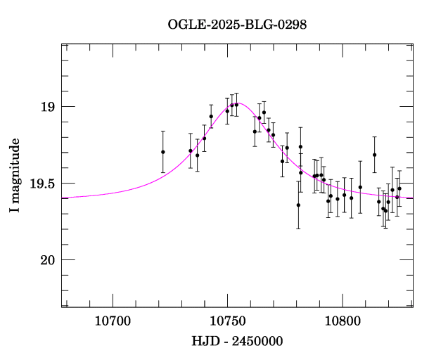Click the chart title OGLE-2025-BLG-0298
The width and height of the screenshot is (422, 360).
[237, 25]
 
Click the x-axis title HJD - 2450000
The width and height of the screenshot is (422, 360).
[237, 341]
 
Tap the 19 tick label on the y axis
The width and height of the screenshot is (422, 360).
[48, 107]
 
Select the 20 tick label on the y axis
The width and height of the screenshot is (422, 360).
[48, 260]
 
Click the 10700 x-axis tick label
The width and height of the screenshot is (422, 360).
[113, 322]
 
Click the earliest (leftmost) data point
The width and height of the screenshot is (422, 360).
[162, 152]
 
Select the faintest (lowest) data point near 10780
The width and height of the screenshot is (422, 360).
[298, 205]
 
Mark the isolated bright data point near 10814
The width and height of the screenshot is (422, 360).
[374, 155]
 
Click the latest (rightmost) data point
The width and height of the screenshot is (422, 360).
[399, 188]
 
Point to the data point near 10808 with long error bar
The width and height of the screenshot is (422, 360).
[360, 187]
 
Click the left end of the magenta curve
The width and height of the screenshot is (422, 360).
[63, 198]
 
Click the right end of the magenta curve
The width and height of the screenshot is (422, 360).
[413, 198]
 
